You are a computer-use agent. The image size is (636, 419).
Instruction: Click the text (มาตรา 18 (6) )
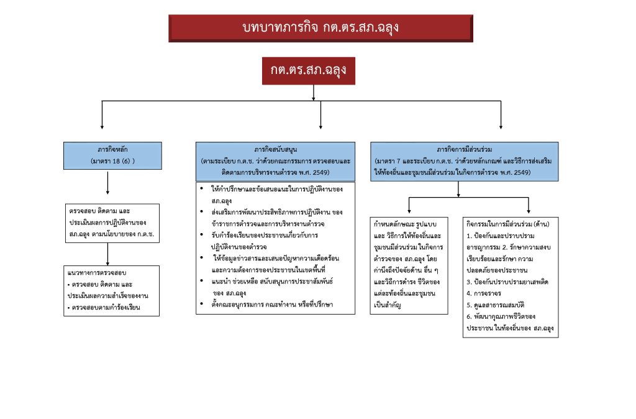pyautogui.click(x=108, y=162)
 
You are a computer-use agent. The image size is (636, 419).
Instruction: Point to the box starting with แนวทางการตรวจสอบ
pyautogui.click(x=108, y=290)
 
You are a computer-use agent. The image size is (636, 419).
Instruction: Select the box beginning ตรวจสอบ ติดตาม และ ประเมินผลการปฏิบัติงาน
pyautogui.click(x=108, y=221)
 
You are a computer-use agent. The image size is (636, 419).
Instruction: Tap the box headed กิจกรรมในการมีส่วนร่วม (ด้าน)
pyautogui.click(x=510, y=276)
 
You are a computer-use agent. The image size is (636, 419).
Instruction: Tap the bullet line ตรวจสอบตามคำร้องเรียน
pyautogui.click(x=106, y=307)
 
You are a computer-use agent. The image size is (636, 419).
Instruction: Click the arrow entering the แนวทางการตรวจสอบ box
pyautogui.click(x=108, y=253)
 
